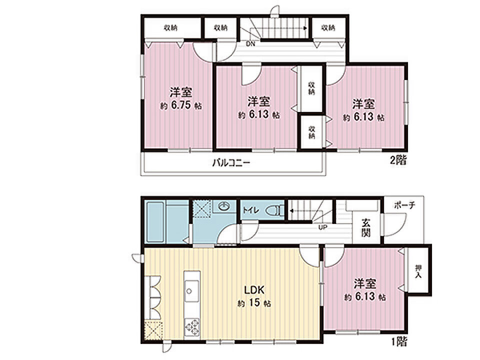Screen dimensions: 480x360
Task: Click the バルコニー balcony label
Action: coord(231,162)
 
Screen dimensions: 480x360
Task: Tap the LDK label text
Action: coord(254,289)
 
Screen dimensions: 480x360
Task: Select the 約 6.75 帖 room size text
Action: coord(181,106)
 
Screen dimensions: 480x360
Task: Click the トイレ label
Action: coord(251,210)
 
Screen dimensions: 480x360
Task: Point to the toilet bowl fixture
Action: coord(272,211)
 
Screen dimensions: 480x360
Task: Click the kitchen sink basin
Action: coord(190,290)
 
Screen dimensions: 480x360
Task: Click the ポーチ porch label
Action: coord(404,205)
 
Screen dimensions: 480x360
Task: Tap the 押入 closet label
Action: coord(418,271)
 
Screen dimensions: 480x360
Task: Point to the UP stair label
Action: coord(322,227)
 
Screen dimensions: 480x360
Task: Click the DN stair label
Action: coord(250,44)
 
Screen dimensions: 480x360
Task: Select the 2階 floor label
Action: coord(398,160)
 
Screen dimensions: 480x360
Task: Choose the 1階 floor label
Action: coord(399,341)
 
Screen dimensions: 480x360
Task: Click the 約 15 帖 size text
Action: coord(254,303)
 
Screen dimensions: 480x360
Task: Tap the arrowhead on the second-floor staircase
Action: coord(305,28)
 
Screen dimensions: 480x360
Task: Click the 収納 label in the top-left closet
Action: coord(170,28)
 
